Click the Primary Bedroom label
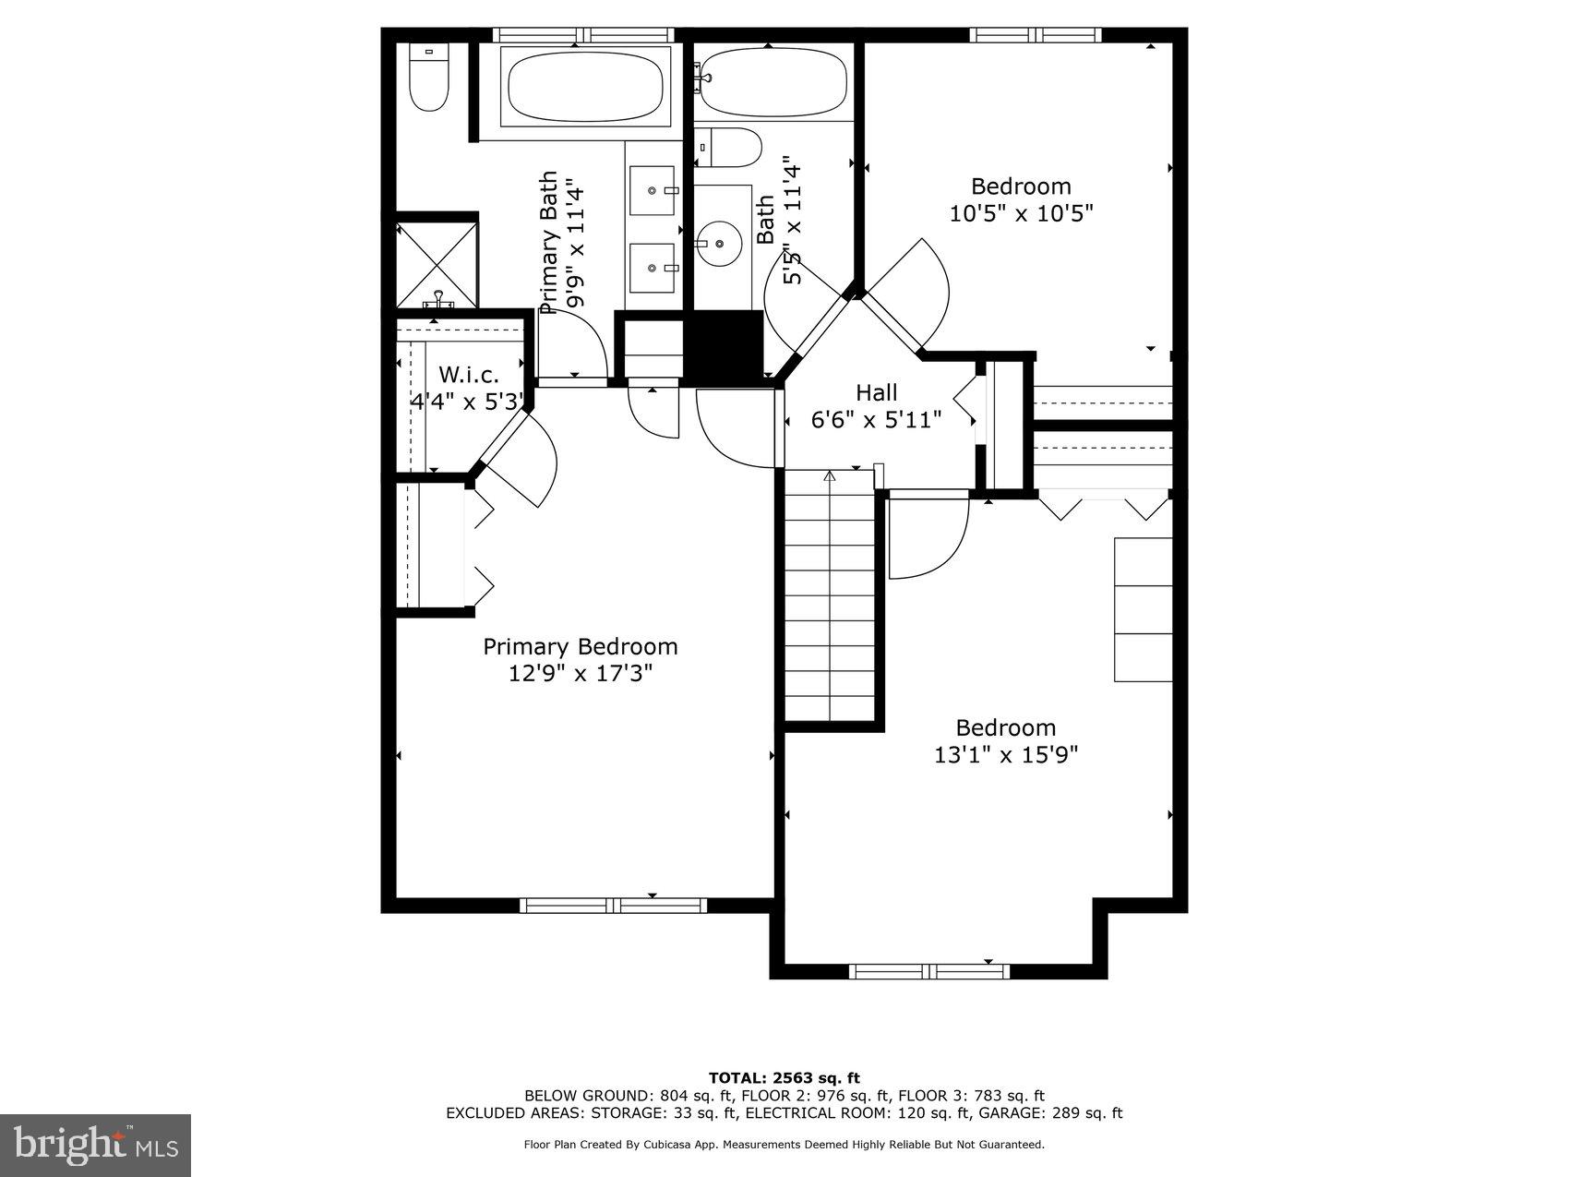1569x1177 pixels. tap(580, 646)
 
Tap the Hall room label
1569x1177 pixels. tap(876, 392)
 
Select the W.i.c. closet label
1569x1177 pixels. tap(468, 375)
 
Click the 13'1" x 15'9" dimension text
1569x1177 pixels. tap(1006, 755)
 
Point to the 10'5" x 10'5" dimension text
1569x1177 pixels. tap(1021, 213)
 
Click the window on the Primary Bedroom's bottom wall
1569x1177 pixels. tap(613, 905)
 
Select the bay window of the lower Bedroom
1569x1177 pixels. tap(929, 971)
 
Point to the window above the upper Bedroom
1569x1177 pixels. tap(1035, 35)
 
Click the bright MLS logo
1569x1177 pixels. tap(96, 1145)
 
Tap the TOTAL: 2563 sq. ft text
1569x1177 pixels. tap(784, 1077)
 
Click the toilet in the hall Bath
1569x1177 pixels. tap(730, 148)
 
